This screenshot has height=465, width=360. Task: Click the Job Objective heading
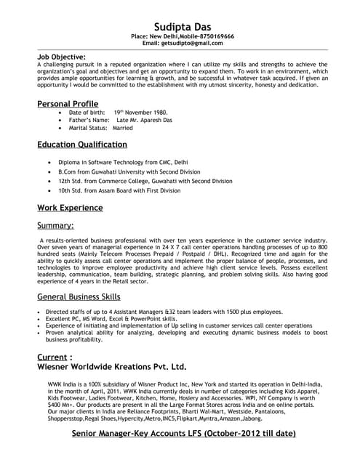[x=61, y=56]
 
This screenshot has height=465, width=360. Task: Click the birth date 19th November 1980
[x=140, y=113]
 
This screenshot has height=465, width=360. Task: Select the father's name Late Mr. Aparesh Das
[x=137, y=121]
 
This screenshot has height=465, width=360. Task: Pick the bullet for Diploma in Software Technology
[x=49, y=162]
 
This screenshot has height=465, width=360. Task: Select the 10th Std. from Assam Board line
[x=119, y=190]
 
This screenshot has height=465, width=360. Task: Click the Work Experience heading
[x=70, y=209]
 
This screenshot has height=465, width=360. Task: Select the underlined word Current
[x=52, y=357]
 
